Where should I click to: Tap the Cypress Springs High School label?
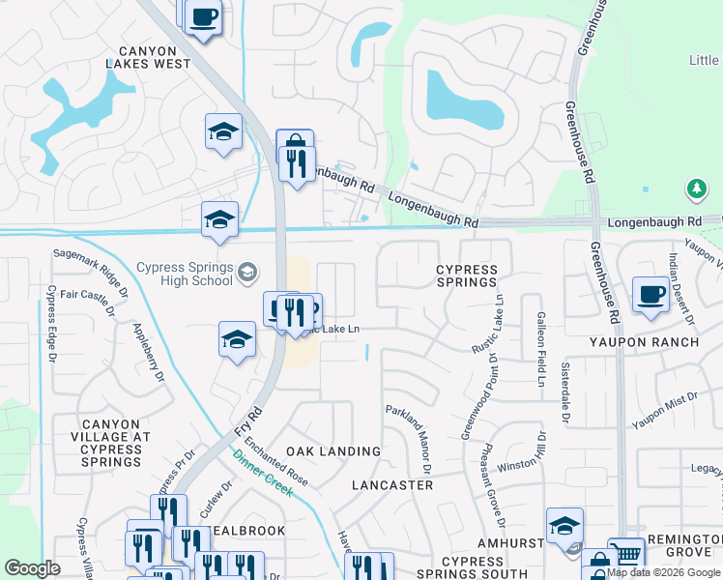[x=185, y=274]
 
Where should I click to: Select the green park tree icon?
[x=696, y=188]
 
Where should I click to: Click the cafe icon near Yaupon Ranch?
[x=651, y=294]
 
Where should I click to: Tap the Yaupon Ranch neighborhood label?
[x=644, y=342]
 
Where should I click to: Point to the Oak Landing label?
[x=333, y=451]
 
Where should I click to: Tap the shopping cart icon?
[x=627, y=555]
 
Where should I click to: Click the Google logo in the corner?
[x=33, y=568]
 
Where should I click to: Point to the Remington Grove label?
[x=685, y=550]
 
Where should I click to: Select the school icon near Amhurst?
[x=564, y=525]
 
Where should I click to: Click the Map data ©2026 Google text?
[x=664, y=572]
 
